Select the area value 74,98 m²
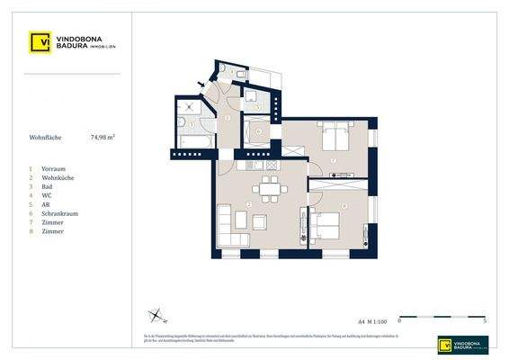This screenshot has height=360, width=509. (103, 138)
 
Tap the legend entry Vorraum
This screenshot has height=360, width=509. (53, 168)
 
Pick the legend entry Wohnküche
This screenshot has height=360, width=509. (57, 177)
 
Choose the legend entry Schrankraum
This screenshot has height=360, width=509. (58, 213)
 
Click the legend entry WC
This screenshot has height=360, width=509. (47, 195)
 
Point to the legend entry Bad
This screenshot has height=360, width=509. (47, 186)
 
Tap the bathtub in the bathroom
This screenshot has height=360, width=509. (192, 142)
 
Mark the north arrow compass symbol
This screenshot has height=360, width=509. (156, 315)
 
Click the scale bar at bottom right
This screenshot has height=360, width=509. (442, 317)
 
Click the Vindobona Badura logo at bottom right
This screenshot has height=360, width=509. (462, 344)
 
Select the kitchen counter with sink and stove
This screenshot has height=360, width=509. (262, 165)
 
